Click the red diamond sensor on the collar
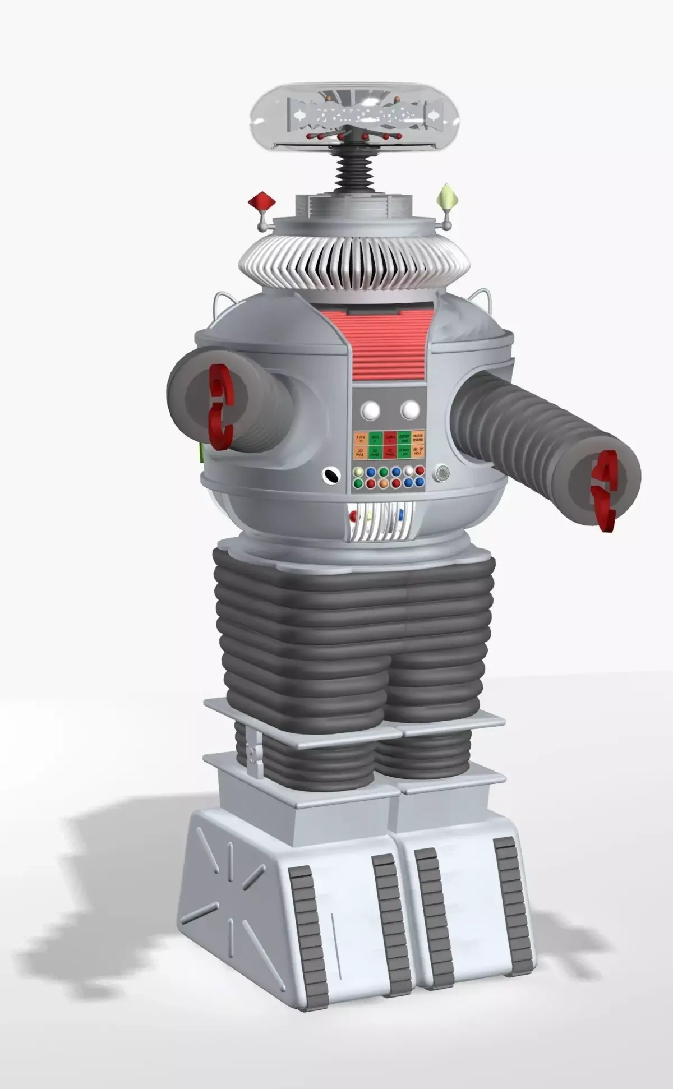[259, 200]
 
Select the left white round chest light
[370, 410]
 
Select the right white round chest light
[410, 410]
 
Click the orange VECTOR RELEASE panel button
[418, 439]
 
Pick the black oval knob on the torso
[331, 476]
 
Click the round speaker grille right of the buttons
[441, 473]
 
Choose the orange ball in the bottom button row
[383, 483]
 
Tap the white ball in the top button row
[408, 470]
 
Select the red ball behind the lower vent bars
[353, 516]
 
